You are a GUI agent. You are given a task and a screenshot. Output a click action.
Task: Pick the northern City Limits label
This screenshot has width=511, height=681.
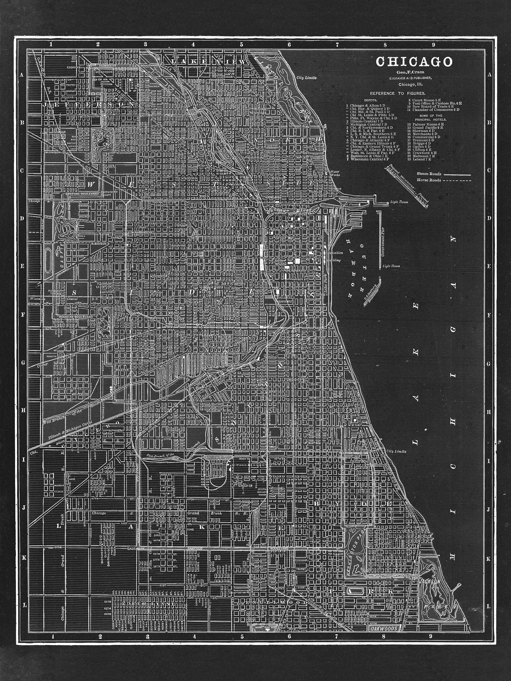point(306,78)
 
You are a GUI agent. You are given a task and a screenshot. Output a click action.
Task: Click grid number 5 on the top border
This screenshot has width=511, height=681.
point(241,45)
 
